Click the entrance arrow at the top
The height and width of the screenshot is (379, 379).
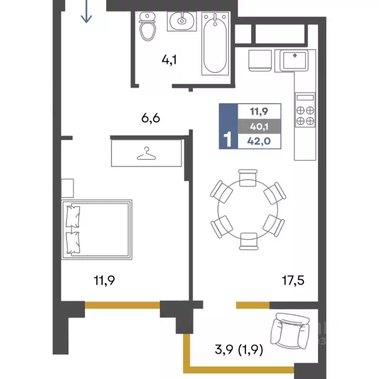[x=86, y=12]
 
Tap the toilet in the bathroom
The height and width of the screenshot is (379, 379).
[x=147, y=27]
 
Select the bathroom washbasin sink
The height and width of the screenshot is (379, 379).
[x=182, y=21]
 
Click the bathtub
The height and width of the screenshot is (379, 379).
[x=215, y=43]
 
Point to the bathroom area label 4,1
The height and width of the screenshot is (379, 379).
[x=169, y=60]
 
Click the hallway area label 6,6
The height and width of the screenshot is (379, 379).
[x=151, y=118]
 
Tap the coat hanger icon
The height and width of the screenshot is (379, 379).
[x=146, y=153]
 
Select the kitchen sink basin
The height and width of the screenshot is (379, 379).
[x=294, y=60]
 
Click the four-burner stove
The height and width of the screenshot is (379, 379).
[x=305, y=110]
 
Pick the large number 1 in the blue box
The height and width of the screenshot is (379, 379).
[x=228, y=140]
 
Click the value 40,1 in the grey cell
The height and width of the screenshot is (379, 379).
[x=259, y=126]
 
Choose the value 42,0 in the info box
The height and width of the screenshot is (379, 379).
[x=259, y=141]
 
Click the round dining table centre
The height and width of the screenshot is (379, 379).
[x=248, y=209]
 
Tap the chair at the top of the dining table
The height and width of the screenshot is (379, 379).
[x=248, y=178]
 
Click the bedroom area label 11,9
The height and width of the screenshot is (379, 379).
[x=104, y=280]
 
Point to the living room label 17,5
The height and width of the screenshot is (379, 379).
[x=293, y=280]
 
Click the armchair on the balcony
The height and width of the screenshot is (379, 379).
[x=290, y=331]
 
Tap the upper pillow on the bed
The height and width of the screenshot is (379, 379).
[x=73, y=216]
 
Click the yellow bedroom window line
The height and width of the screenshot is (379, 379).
[x=122, y=305]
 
